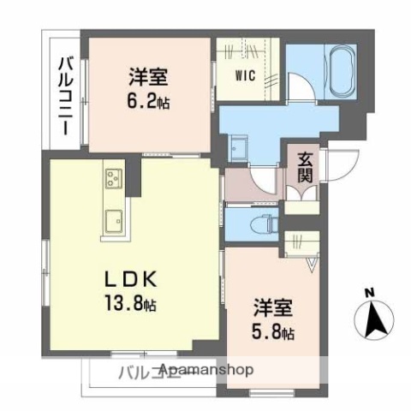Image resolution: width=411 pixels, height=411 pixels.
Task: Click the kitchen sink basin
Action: point(113,221)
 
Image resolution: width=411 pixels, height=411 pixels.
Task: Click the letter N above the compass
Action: point(370,295)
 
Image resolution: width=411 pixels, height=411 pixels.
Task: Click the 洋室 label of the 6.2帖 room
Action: point(147,76)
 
